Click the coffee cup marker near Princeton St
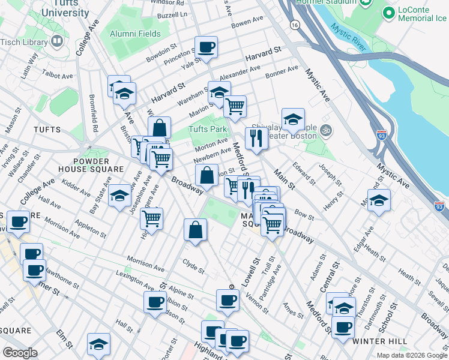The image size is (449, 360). coord(206,47)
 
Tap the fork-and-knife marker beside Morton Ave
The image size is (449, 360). coord(256,138)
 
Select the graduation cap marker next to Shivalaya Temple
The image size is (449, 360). coord(293,119)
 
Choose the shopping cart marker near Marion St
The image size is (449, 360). coord(235,106)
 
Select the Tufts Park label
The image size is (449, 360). coord(208,129)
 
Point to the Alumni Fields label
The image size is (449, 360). coord(135,34)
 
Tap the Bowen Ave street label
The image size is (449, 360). coord(248,23)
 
